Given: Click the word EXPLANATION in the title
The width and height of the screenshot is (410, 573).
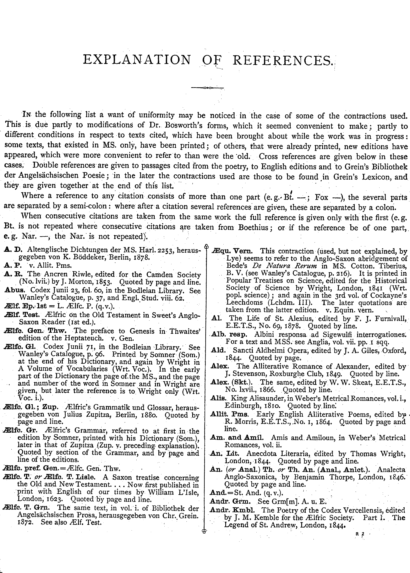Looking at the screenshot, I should click(137, 60).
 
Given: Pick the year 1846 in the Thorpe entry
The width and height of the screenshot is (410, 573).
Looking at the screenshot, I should click(397, 477).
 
